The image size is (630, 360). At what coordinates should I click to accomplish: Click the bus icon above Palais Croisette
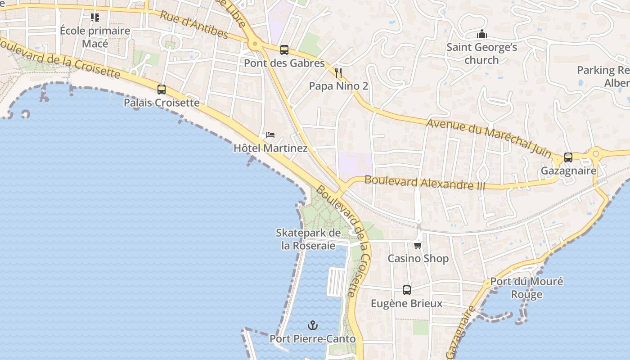point(162,89)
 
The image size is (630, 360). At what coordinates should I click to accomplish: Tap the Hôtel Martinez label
point(270,148)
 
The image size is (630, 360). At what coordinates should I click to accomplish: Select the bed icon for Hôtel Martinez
point(270,135)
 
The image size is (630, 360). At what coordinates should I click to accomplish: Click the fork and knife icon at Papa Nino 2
point(338,72)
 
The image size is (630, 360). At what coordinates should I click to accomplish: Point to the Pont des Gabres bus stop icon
point(284,49)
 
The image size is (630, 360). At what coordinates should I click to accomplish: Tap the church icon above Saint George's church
point(482,34)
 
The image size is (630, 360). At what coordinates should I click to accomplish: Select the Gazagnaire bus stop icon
point(568,157)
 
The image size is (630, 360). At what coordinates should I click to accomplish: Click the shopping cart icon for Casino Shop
point(418,245)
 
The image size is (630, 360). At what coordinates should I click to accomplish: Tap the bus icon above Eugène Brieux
point(407,290)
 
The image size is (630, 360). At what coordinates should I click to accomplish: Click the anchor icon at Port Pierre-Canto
point(312,325)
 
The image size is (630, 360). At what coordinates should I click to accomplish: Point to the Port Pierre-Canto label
point(312,339)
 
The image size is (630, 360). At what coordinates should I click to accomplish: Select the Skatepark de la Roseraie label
point(308,239)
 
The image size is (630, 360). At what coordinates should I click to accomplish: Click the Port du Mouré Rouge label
point(526,288)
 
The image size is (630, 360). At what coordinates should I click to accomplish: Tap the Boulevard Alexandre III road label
point(424,182)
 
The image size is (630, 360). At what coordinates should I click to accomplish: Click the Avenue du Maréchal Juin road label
point(489,137)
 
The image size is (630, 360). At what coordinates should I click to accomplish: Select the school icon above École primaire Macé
point(95,18)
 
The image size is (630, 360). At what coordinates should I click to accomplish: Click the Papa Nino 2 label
point(338,86)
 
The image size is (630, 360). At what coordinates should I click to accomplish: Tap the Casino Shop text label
point(418,258)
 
